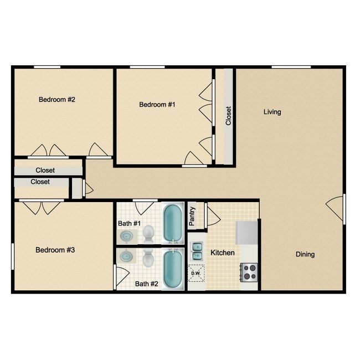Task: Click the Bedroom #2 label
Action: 56,100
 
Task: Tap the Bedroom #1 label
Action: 157,105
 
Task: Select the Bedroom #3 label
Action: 55,250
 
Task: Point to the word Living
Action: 272,112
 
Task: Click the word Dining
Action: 305,254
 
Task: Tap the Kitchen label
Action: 223,253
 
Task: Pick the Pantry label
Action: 192,217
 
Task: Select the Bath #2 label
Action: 147,284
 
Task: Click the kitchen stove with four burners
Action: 249,272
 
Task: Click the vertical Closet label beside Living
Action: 228,116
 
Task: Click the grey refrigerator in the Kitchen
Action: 247,233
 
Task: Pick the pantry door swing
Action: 212,214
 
